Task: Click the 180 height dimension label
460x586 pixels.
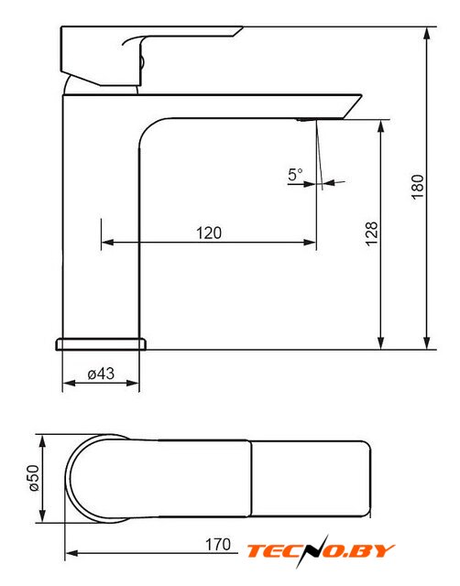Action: [x=418, y=187]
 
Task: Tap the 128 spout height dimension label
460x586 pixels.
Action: [x=372, y=234]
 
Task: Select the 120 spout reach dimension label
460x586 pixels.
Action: [x=209, y=233]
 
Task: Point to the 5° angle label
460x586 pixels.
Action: [x=295, y=175]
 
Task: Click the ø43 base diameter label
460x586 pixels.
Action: [x=101, y=374]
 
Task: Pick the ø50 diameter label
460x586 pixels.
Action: [x=33, y=478]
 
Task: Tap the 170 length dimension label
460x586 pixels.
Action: [x=218, y=545]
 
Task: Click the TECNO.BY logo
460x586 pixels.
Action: [x=321, y=551]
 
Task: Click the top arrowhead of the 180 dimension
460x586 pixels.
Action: [x=427, y=33]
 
